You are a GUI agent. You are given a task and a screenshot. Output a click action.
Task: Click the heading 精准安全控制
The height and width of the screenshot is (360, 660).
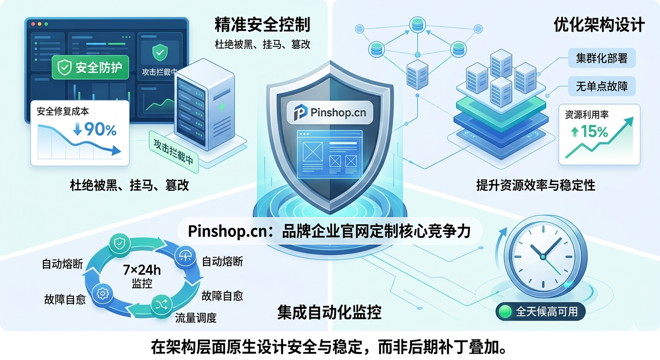[262, 25]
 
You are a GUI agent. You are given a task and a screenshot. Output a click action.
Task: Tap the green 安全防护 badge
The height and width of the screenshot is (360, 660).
[90, 67]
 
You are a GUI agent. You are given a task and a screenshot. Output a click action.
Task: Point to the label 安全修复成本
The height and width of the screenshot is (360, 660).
[63, 112]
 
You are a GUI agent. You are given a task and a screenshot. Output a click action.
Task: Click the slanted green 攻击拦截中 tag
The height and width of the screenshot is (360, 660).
[173, 151]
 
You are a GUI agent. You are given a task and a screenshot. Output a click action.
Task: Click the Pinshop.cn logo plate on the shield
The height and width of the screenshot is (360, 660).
[330, 112]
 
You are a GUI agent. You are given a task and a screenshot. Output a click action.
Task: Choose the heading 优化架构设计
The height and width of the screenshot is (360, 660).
[600, 25]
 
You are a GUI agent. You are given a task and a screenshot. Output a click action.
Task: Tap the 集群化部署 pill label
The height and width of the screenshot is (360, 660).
[602, 58]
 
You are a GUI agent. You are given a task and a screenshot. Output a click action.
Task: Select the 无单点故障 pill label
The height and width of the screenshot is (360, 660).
[602, 86]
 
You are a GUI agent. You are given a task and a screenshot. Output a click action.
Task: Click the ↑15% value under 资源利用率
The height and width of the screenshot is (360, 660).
[590, 131]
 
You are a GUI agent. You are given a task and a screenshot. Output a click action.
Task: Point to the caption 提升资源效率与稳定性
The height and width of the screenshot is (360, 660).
[536, 185]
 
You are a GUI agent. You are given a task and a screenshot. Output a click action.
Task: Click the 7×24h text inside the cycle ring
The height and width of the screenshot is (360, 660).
[142, 270]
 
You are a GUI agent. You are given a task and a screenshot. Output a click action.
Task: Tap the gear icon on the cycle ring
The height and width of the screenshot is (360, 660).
[103, 293]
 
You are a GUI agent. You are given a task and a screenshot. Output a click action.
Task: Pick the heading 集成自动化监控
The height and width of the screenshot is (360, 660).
[330, 313]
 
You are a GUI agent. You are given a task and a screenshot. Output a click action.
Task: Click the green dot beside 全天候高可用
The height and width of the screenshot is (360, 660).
[505, 312]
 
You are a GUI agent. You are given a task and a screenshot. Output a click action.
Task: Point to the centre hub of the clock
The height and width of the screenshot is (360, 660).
[543, 257]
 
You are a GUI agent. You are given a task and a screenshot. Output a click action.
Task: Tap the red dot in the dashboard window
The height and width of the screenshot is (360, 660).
[33, 24]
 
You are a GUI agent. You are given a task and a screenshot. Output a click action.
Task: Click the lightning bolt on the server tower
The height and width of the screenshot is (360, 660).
[222, 107]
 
